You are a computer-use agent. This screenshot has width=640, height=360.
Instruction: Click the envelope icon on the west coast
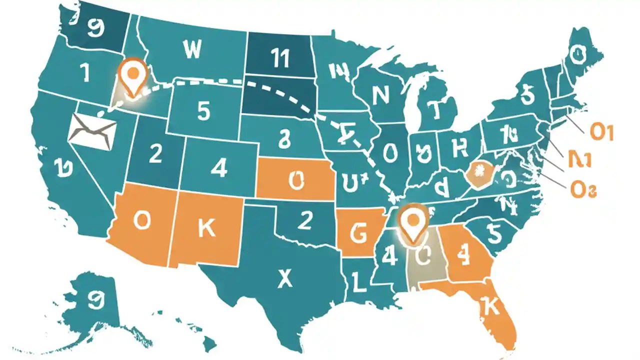[93, 128]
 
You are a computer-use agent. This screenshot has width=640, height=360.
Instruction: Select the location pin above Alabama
[412, 222]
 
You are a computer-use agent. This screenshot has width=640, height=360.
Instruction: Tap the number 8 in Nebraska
[284, 139]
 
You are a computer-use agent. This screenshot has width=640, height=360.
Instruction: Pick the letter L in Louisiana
[358, 281]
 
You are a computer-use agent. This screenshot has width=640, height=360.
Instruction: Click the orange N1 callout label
[580, 159]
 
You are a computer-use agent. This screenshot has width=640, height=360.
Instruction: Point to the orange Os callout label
[583, 189]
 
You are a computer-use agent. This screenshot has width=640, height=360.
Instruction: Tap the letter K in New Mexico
[206, 227]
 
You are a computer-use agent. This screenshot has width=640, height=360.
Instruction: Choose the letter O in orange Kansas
[296, 180]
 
